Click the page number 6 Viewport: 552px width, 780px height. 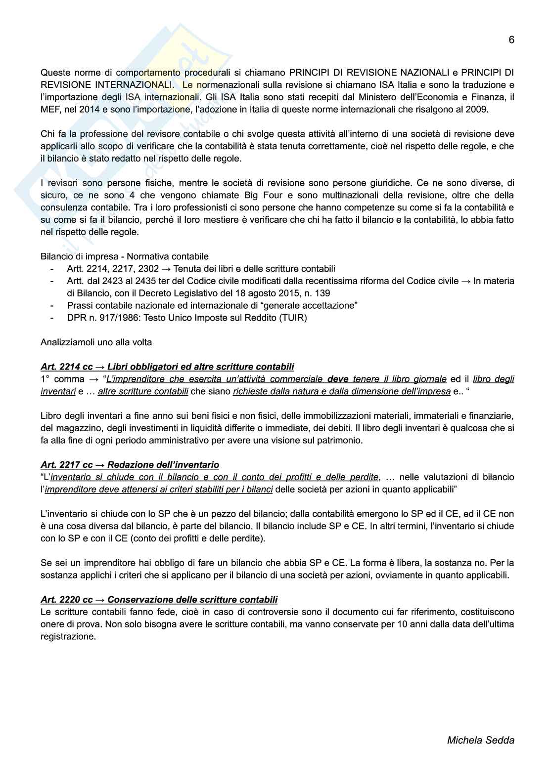511,40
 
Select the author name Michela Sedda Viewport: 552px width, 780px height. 481,740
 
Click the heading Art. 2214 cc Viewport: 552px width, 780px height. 67,367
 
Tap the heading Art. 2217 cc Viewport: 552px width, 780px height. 67,465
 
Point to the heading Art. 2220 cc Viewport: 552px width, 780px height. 67,600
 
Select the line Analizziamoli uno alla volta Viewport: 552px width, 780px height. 96,342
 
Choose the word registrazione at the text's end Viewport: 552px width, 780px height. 68,636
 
